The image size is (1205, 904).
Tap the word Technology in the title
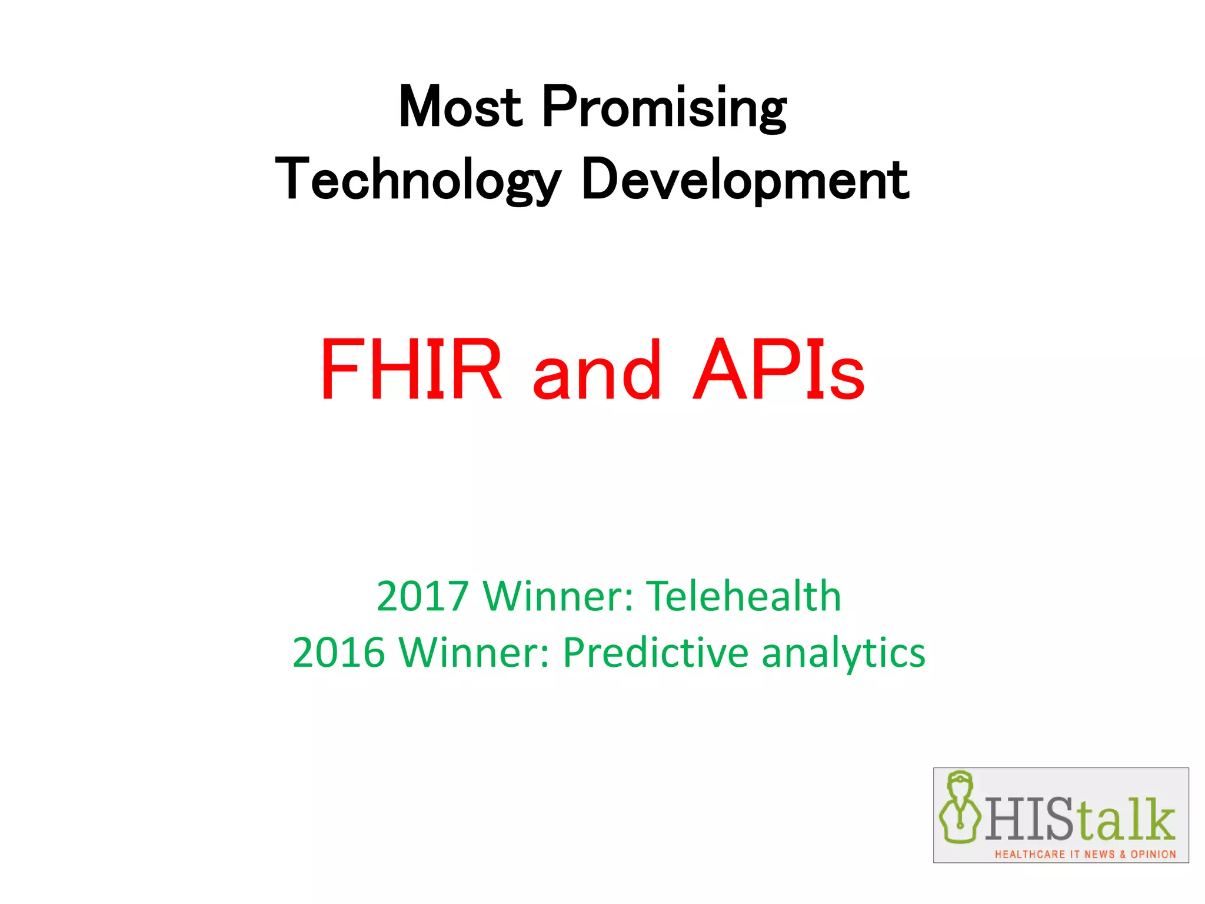(x=418, y=180)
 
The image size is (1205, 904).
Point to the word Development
(x=745, y=180)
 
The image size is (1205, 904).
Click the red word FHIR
(x=411, y=370)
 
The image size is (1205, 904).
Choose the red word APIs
(x=778, y=370)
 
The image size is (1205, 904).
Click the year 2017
(x=422, y=596)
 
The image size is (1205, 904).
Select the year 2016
(x=339, y=653)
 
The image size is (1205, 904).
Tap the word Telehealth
(x=744, y=596)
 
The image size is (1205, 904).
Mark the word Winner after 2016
(x=474, y=653)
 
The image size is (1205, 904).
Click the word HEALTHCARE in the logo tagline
(x=1030, y=853)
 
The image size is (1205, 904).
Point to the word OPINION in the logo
(x=1153, y=853)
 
